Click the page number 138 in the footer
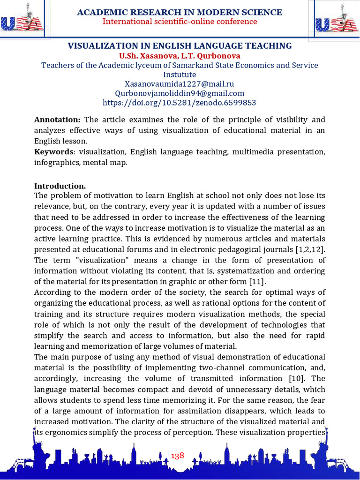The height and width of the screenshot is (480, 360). (178, 456)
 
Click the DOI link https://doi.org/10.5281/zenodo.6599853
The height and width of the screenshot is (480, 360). (180, 102)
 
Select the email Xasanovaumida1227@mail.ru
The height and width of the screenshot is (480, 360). (180, 83)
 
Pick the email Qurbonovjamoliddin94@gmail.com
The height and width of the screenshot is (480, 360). (180, 93)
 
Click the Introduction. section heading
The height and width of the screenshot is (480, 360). (60, 186)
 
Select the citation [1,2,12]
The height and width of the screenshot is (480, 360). (309, 249)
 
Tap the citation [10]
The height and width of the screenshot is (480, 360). (285, 378)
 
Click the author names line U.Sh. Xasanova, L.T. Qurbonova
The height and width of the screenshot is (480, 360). (180, 55)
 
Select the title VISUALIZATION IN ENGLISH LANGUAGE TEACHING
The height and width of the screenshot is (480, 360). (180, 45)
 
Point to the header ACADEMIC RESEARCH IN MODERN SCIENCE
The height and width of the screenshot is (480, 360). (180, 12)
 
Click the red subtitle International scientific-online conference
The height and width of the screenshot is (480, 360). (180, 22)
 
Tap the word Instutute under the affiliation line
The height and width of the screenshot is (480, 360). (180, 74)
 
